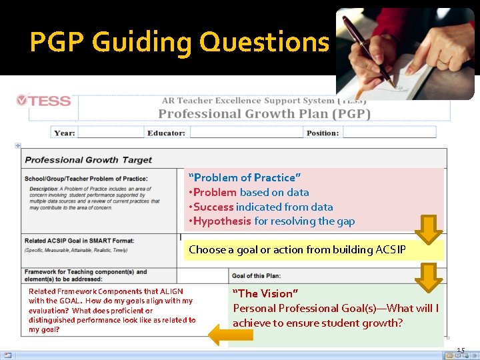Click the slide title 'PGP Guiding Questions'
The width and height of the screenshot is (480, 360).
pos(179,42)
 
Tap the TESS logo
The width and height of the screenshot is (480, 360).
pos(43,101)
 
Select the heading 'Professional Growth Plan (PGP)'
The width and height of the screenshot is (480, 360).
pos(264,113)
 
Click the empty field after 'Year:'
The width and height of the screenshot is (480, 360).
pos(110,133)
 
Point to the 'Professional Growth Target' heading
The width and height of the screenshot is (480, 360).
pos(89,160)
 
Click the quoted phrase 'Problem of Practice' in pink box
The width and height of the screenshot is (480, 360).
pos(245,177)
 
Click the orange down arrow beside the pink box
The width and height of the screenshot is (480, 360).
pos(429,229)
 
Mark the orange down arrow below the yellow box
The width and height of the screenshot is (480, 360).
pos(430,277)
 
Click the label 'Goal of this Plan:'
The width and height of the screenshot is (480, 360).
pos(256,275)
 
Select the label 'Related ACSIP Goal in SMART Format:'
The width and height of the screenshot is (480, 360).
pos(79,241)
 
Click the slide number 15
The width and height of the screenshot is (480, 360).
pos(461,351)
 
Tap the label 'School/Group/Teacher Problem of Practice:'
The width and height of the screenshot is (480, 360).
pos(86,179)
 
